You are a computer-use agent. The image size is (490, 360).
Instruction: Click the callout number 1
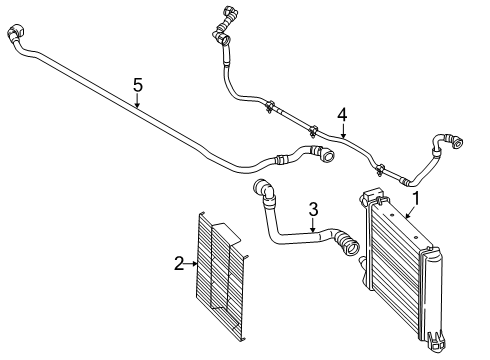click(x=418, y=198)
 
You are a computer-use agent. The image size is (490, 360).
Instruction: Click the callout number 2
click(x=179, y=264)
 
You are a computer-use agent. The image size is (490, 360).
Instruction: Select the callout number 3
click(x=313, y=209)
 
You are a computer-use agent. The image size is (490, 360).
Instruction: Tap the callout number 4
click(x=342, y=116)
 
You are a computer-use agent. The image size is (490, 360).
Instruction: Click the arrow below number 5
click(x=138, y=100)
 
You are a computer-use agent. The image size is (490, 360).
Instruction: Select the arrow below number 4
click(x=342, y=132)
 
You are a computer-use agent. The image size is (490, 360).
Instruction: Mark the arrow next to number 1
click(x=410, y=211)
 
